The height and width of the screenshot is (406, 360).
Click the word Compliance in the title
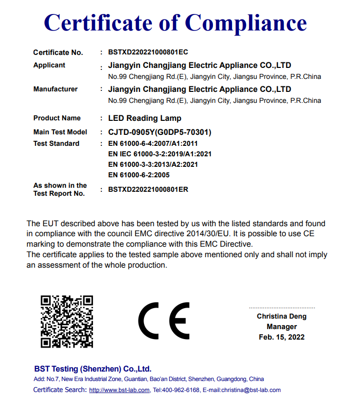point(245,23)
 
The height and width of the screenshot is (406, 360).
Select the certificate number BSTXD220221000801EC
point(148,52)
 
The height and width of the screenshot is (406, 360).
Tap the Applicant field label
point(49,65)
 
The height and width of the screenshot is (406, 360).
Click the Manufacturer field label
point(55,89)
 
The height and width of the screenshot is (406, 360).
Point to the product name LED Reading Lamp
point(144,118)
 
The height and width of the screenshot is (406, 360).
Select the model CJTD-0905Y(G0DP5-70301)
point(159,132)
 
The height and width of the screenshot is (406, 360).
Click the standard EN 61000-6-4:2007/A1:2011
point(153,143)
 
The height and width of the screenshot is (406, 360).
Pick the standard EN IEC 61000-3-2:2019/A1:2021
point(159,154)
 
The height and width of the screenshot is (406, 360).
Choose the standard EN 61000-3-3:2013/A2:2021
point(153,164)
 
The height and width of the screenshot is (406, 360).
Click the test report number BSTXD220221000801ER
point(148,190)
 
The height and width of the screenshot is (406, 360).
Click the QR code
point(66,322)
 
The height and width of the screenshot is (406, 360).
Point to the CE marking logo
point(164,321)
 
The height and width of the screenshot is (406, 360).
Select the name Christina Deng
point(281,316)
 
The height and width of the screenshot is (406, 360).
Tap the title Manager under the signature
point(281,327)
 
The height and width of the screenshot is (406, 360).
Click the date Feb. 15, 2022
point(281,337)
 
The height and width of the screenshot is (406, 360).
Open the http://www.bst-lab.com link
point(119,390)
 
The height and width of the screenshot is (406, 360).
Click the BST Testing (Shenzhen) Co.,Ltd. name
point(92,369)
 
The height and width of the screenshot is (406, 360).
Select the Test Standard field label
point(56,143)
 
